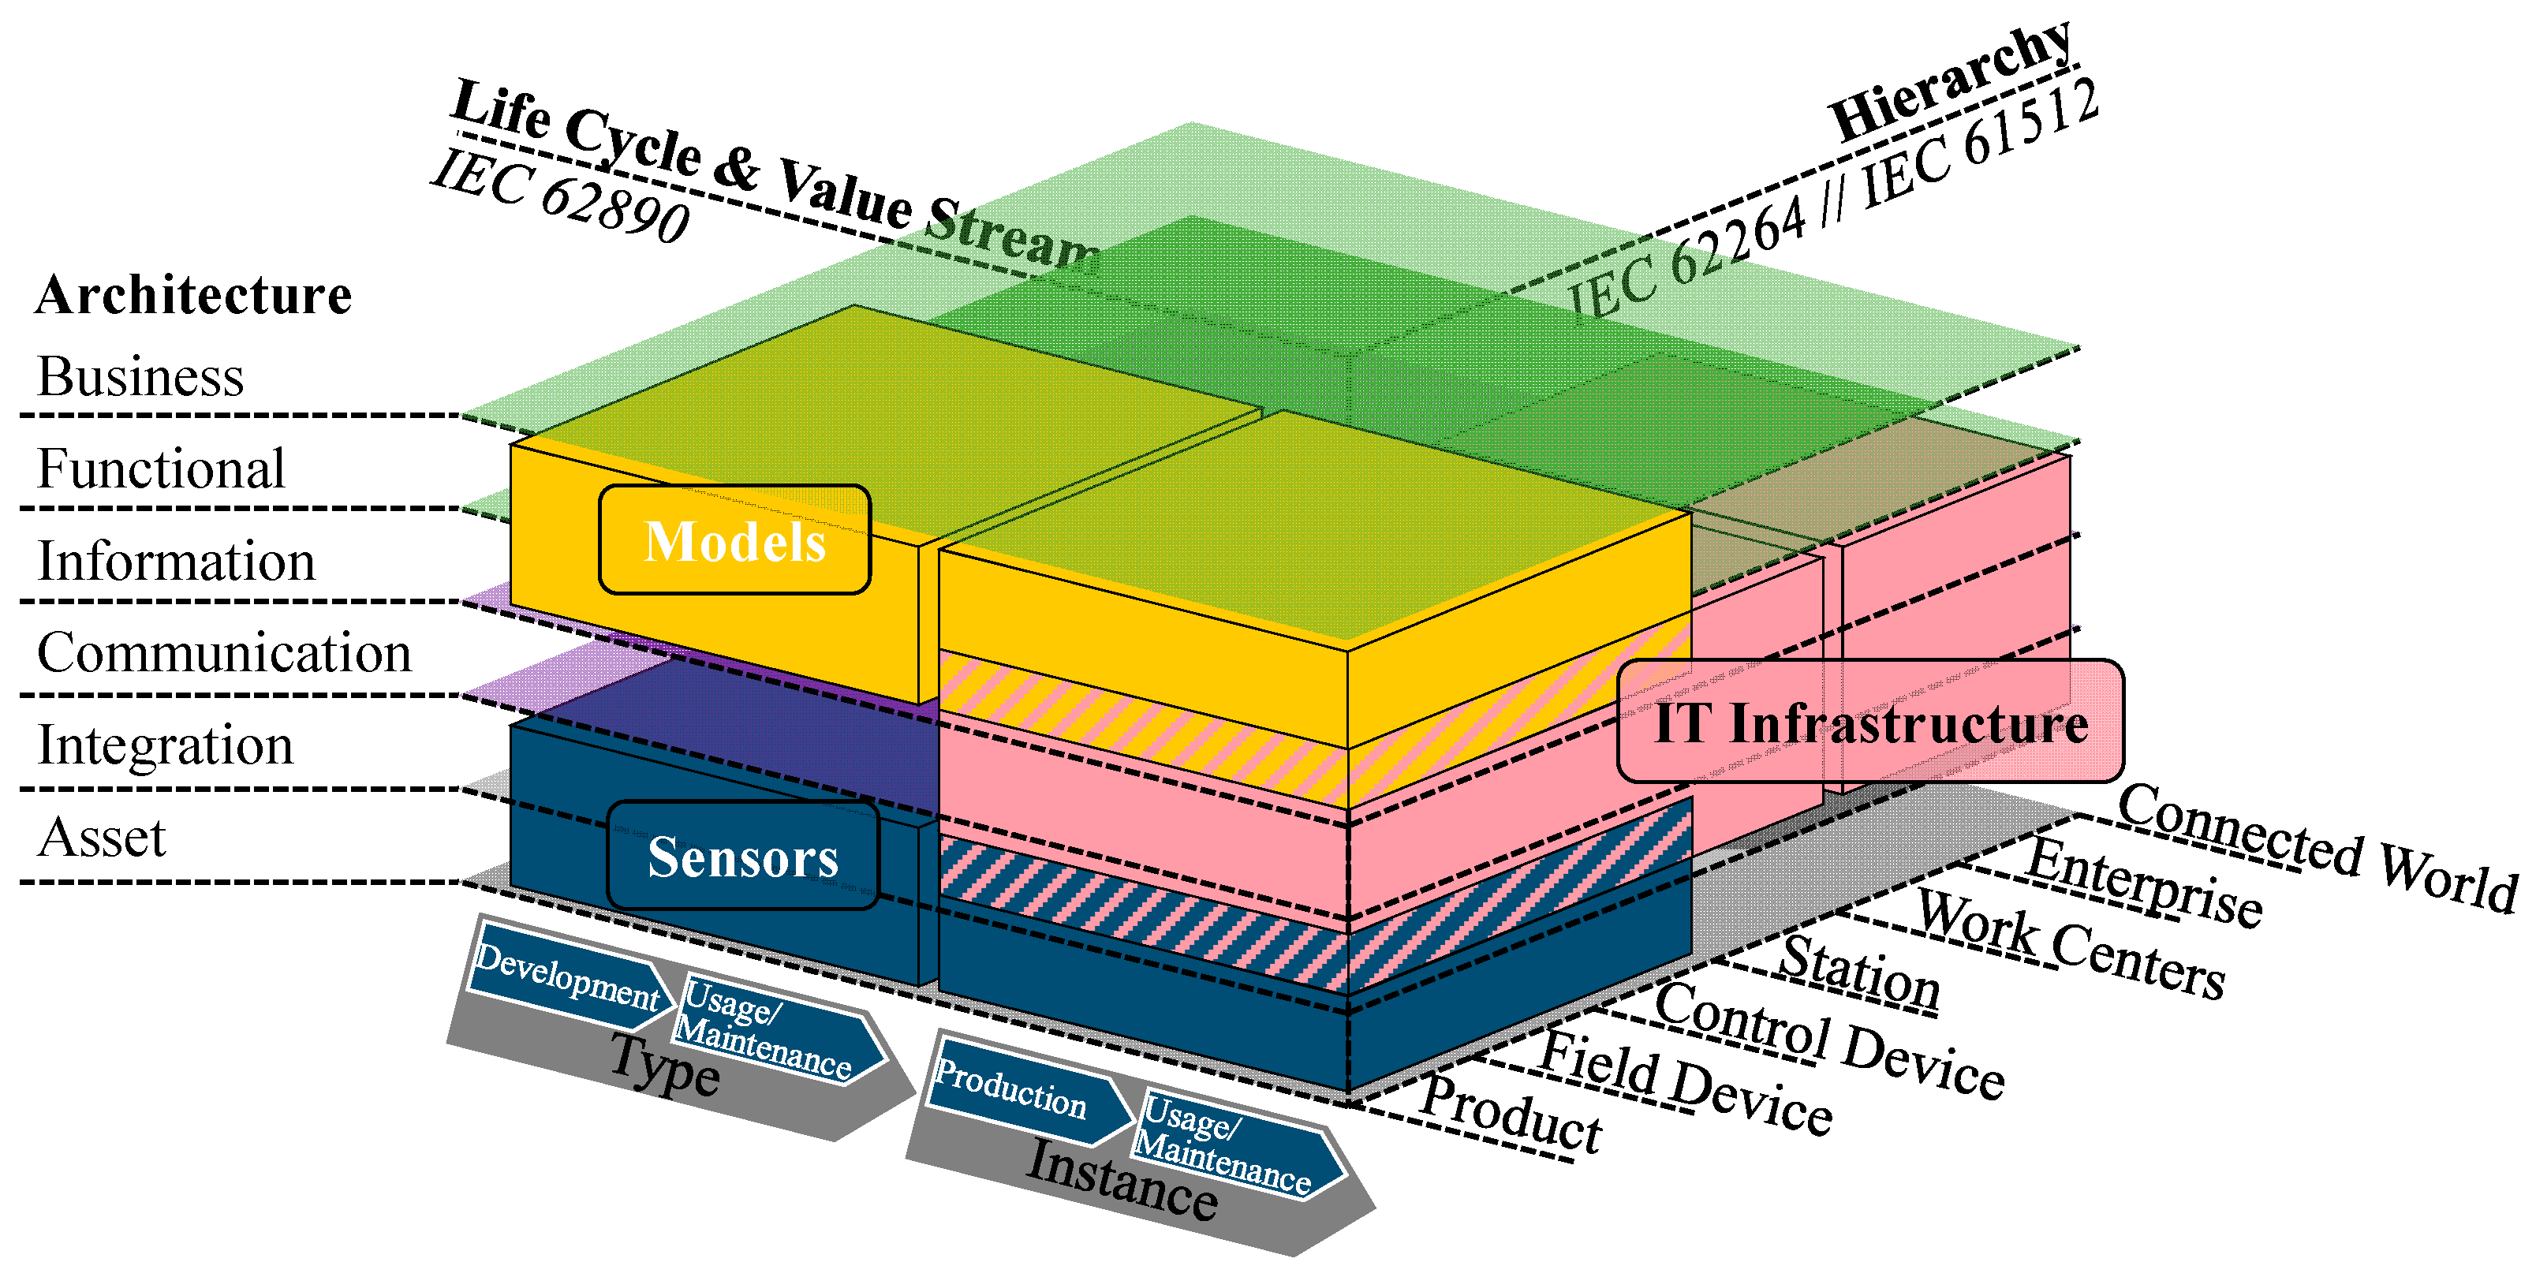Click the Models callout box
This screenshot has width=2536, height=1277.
pyautogui.click(x=734, y=540)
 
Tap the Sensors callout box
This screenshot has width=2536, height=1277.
pyautogui.click(x=742, y=856)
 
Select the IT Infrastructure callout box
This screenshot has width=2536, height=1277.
pyautogui.click(x=1869, y=722)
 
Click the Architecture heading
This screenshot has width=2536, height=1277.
pyautogui.click(x=193, y=294)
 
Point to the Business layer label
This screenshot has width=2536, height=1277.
pyautogui.click(x=140, y=376)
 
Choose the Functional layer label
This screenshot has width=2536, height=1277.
pyautogui.click(x=160, y=469)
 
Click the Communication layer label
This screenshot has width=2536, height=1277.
pyautogui.click(x=223, y=653)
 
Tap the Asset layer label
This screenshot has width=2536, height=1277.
pyautogui.click(x=102, y=838)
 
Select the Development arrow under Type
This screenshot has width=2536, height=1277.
pyautogui.click(x=566, y=976)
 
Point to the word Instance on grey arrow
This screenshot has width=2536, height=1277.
pyautogui.click(x=1122, y=1179)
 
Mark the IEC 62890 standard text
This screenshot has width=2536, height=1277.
pyautogui.click(x=561, y=197)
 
